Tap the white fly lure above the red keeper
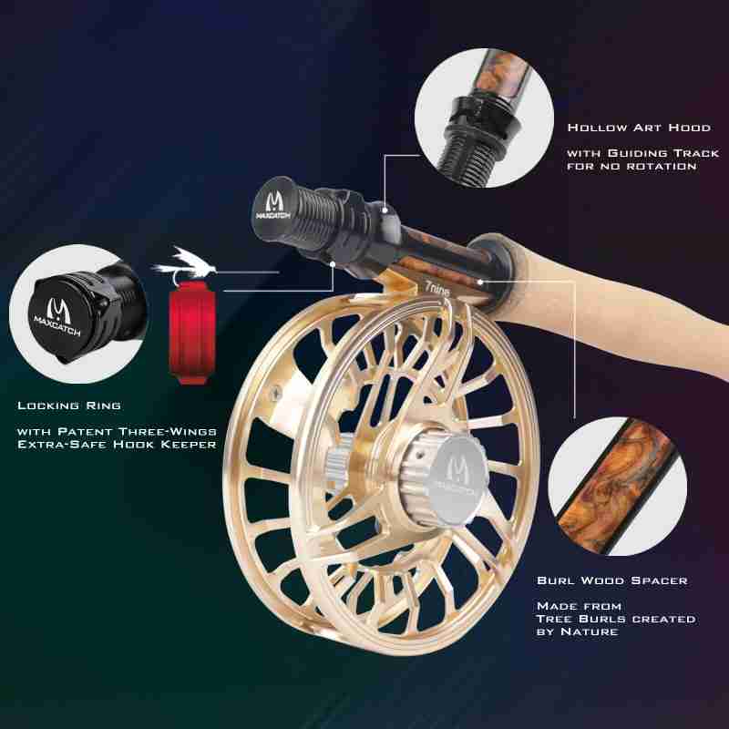(184, 265)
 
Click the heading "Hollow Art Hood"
(639, 128)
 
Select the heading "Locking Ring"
(69, 406)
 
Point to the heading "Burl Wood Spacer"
(611, 580)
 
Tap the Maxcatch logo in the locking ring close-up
(57, 317)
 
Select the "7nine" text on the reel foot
(437, 291)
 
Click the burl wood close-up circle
(618, 487)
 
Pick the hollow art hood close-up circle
(484, 118)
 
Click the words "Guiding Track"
(663, 153)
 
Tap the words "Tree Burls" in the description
(580, 619)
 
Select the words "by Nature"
(578, 631)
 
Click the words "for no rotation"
(631, 166)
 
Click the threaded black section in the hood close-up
(468, 149)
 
